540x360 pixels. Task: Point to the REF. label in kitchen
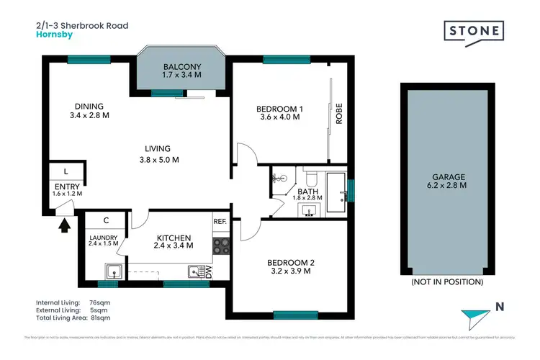[x=220, y=222]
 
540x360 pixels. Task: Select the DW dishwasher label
[x=209, y=272]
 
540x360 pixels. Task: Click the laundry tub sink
[x=112, y=271]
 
